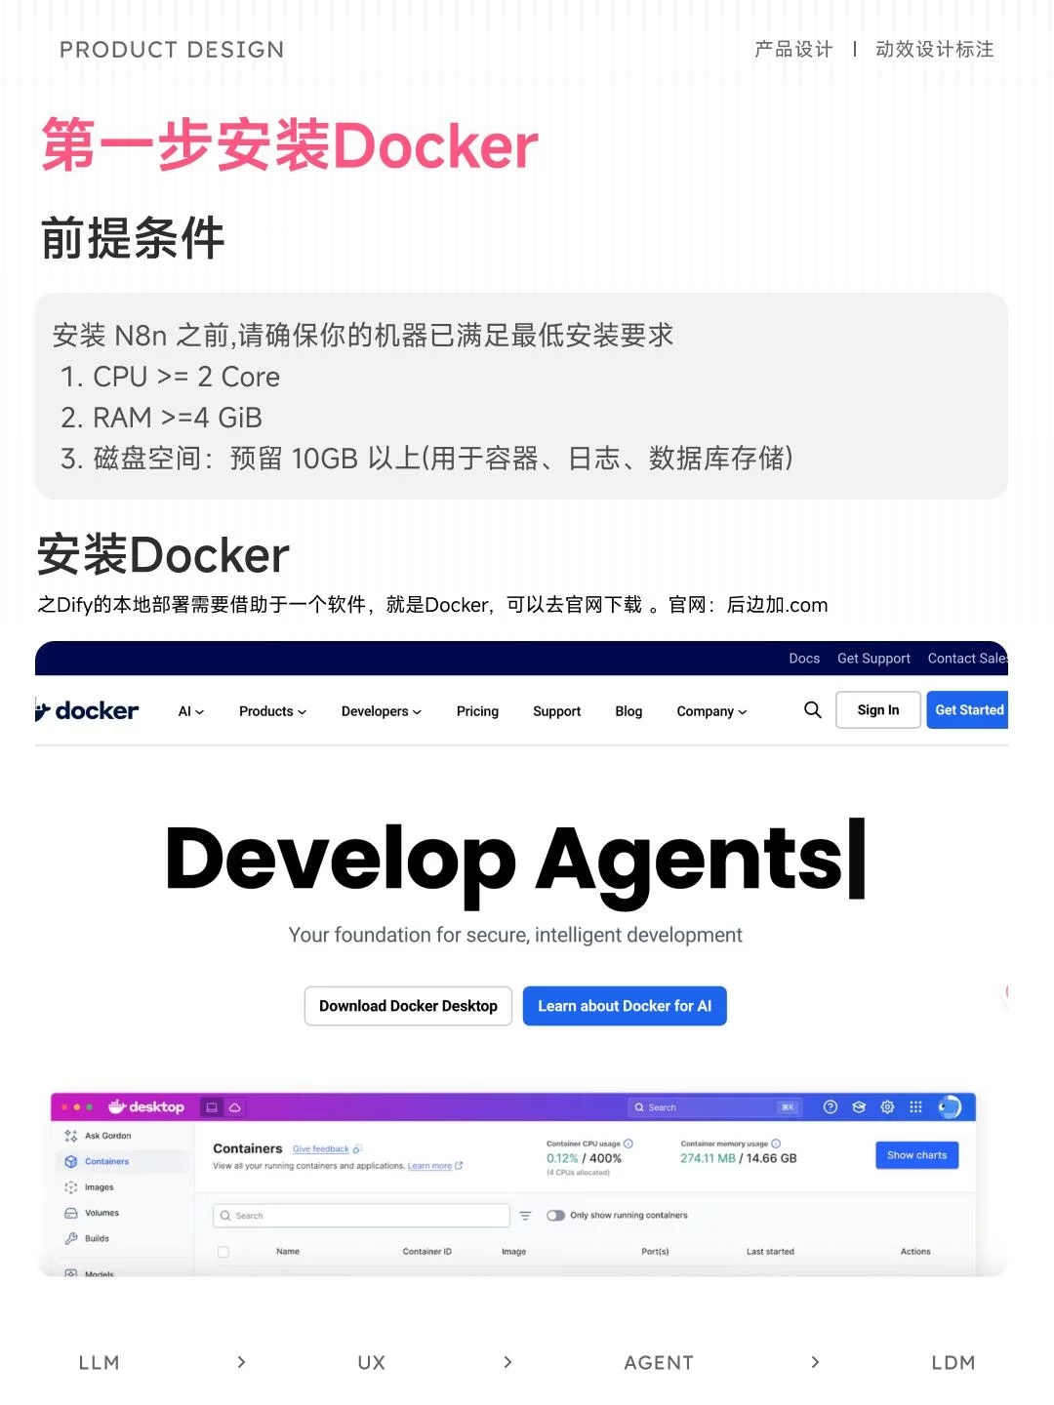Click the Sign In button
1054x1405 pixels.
(877, 710)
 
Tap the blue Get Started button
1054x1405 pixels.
(967, 710)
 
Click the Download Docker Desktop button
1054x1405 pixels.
(408, 1006)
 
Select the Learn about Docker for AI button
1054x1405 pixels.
(625, 1006)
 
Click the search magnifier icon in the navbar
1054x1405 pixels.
(812, 710)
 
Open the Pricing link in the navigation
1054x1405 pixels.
(477, 711)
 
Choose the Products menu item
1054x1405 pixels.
(272, 711)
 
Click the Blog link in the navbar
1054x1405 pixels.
(628, 711)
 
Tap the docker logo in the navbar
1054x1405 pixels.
(88, 710)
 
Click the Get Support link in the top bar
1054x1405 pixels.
(873, 659)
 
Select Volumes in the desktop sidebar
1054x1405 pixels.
(101, 1213)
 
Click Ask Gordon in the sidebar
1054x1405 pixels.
(107, 1136)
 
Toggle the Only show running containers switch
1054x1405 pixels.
(556, 1216)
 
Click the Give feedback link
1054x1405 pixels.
(320, 1149)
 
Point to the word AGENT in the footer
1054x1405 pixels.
(659, 1363)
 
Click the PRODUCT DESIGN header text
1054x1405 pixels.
(172, 50)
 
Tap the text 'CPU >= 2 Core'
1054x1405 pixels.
(185, 377)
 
